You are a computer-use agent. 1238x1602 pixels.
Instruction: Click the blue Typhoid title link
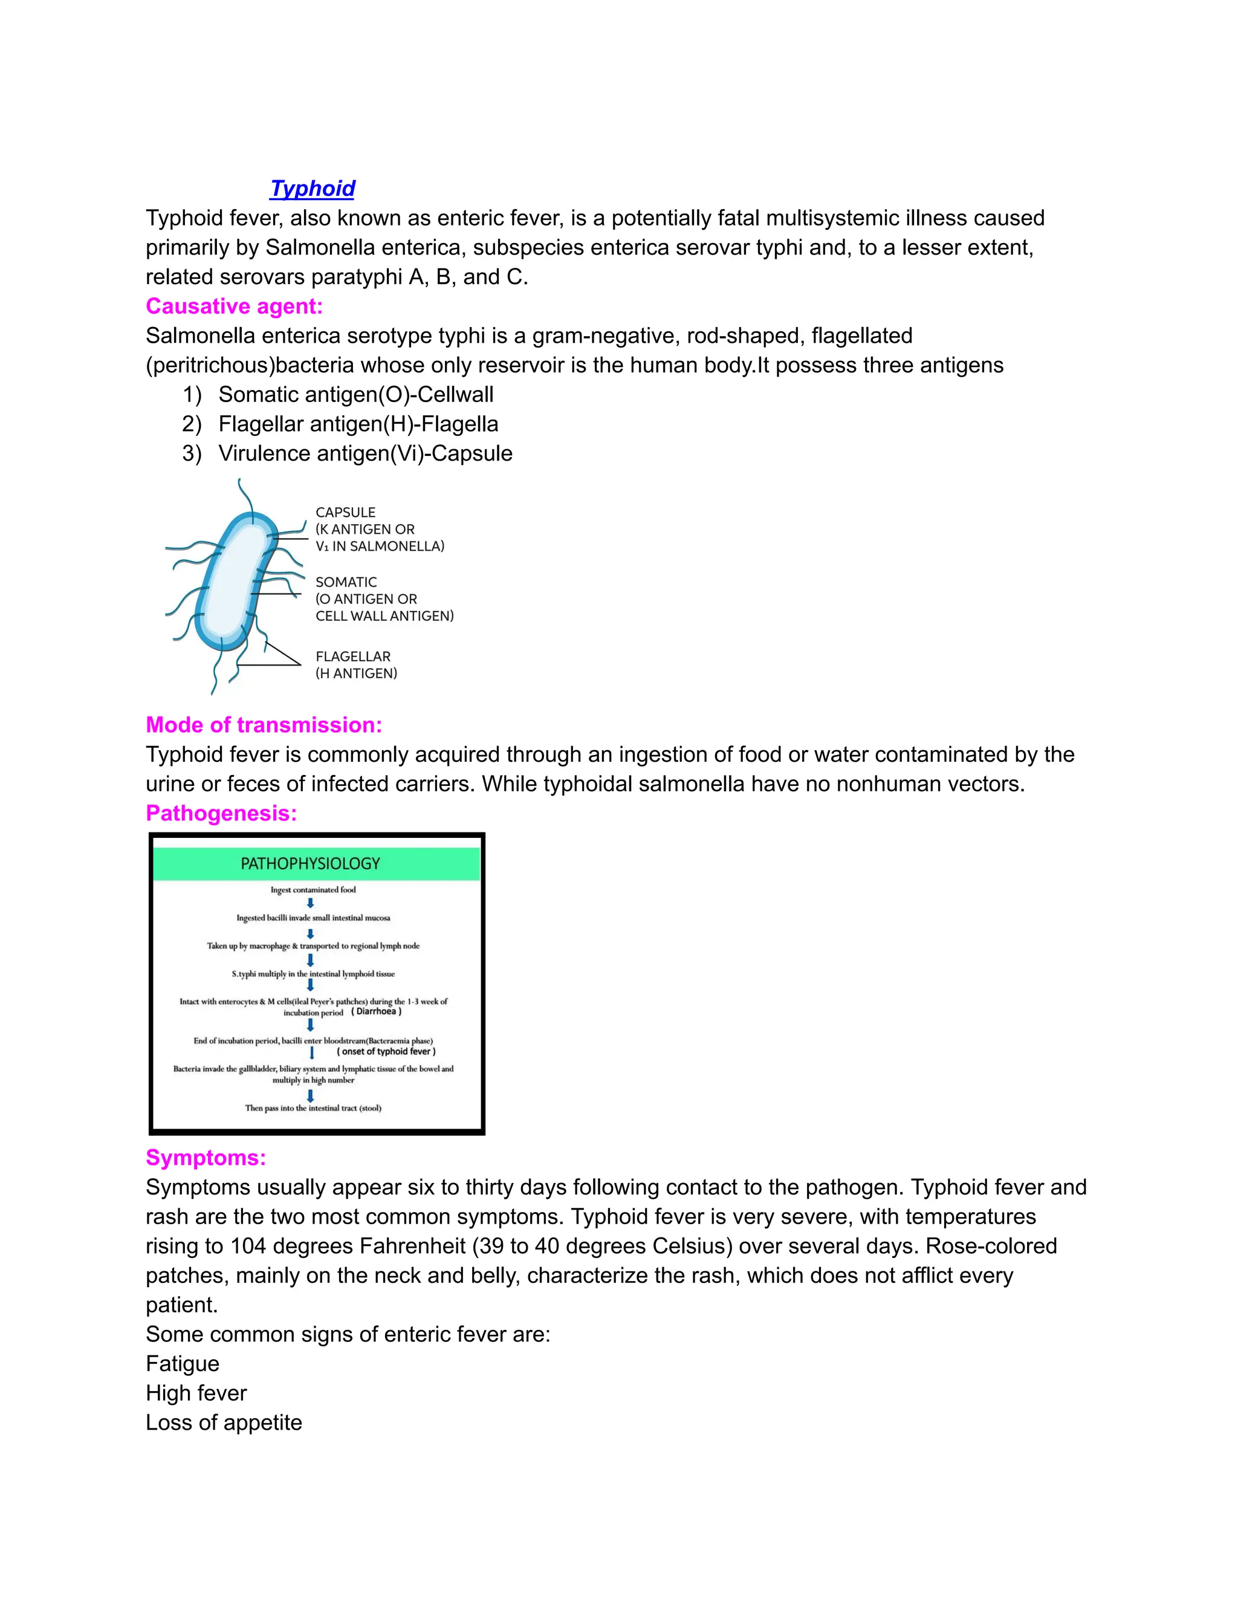(313, 189)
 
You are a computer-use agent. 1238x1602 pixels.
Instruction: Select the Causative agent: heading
(234, 306)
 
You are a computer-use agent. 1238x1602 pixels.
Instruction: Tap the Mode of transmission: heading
(264, 725)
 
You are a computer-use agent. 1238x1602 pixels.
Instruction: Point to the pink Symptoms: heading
(206, 1158)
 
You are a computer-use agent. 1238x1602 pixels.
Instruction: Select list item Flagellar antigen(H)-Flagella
(358, 424)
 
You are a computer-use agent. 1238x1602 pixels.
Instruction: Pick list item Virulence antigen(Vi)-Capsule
(365, 453)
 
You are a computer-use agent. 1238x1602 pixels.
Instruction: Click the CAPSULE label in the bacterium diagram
(345, 512)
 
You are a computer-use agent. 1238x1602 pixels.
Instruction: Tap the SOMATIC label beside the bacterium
(346, 582)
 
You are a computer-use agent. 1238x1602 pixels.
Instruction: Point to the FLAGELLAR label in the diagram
(353, 657)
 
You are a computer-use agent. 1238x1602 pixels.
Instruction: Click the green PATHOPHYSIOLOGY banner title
(310, 864)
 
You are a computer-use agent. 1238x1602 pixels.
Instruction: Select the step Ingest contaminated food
(313, 890)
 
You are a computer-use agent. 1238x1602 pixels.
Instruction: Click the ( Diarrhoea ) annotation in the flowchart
(376, 1011)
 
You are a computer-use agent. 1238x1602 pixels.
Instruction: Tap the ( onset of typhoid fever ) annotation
(386, 1051)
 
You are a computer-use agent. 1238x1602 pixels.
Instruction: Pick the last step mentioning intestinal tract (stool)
(313, 1107)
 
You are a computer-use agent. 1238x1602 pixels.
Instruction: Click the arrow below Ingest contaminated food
(310, 903)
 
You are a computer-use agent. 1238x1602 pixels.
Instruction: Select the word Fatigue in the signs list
(183, 1364)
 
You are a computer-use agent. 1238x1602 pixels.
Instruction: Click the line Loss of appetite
(224, 1422)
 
